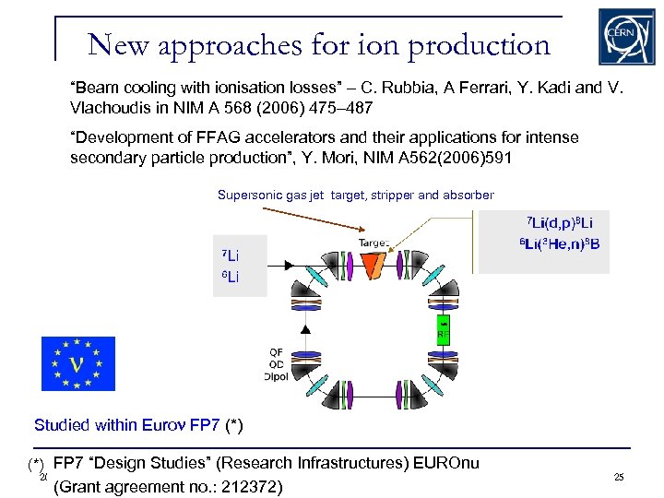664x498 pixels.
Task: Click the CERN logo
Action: [x=628, y=37]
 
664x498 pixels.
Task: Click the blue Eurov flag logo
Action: [x=78, y=364]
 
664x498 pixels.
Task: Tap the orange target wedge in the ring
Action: [x=374, y=266]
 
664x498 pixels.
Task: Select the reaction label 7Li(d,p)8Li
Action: [x=560, y=224]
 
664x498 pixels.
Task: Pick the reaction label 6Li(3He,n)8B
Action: [x=560, y=245]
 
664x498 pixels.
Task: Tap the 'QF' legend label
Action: [x=276, y=352]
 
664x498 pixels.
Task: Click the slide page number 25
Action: [x=618, y=477]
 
